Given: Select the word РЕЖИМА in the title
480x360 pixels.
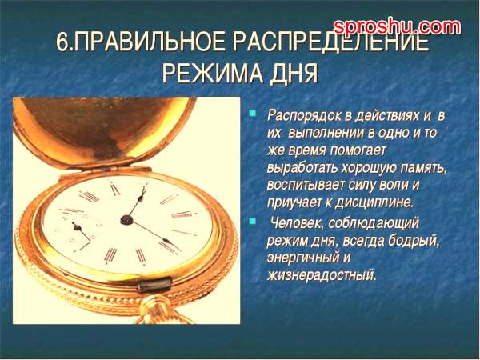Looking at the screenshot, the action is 212,73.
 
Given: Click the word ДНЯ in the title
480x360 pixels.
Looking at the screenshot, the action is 294,74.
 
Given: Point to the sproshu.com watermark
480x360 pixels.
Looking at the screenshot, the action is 397,27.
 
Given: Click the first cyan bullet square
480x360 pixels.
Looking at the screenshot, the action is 253,114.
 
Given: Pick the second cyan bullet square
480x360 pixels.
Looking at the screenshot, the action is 253,221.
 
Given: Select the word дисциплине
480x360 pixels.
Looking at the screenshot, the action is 374,202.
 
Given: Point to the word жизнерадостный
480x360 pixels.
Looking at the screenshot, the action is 322,275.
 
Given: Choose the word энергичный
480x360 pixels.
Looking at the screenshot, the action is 303,258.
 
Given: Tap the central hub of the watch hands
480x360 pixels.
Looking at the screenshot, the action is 126,219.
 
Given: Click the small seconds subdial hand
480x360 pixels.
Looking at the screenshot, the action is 82,231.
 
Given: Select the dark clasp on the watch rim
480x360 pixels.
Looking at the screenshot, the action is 154,284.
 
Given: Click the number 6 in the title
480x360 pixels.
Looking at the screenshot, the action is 62,43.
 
